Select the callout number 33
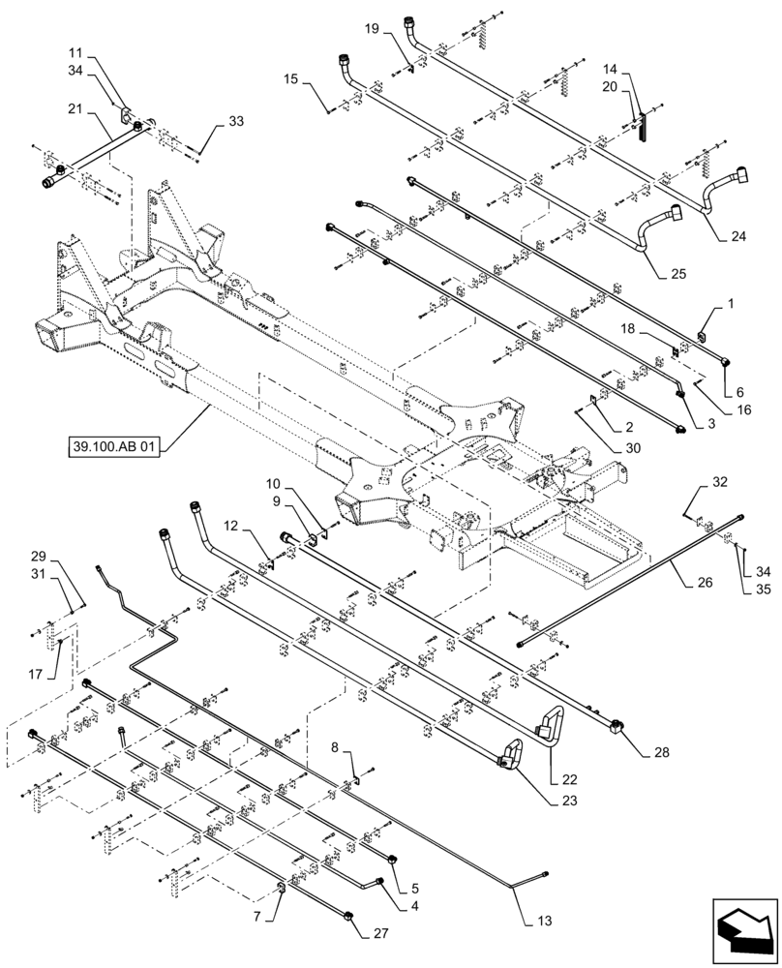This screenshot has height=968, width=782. (236, 122)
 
